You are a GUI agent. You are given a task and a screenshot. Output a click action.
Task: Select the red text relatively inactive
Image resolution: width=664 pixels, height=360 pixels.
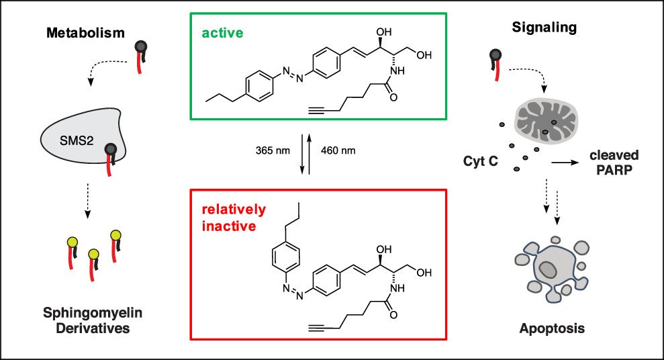point(234,218)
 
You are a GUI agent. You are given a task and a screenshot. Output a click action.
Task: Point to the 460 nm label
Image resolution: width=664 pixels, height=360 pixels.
point(338,150)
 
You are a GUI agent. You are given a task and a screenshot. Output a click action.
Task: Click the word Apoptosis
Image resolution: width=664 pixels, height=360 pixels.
point(552,328)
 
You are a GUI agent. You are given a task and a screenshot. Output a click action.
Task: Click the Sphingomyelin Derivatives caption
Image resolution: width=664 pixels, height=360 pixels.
point(93,322)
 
